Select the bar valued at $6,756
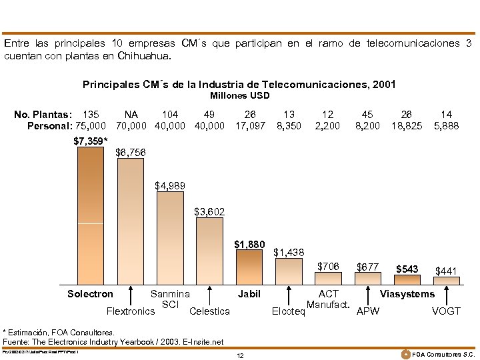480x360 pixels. coord(130,220)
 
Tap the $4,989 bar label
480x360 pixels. coord(170,185)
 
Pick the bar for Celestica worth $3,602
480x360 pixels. coord(209,250)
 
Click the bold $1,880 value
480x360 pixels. coord(249,245)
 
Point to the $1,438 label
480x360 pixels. coord(289,252)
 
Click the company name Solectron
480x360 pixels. coord(90,294)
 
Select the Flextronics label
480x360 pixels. coord(131,311)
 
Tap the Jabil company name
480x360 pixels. coord(249,294)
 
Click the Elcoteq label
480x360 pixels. coord(289,311)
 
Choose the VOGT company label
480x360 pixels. coord(446,311)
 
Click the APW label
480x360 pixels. coord(367,311)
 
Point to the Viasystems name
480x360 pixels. coord(407,294)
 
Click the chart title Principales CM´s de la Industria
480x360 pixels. coord(239,85)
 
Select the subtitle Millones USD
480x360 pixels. coord(239,95)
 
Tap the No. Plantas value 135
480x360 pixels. coord(90,114)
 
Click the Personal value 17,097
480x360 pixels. coord(250,125)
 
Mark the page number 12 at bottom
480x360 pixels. coord(240,355)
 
